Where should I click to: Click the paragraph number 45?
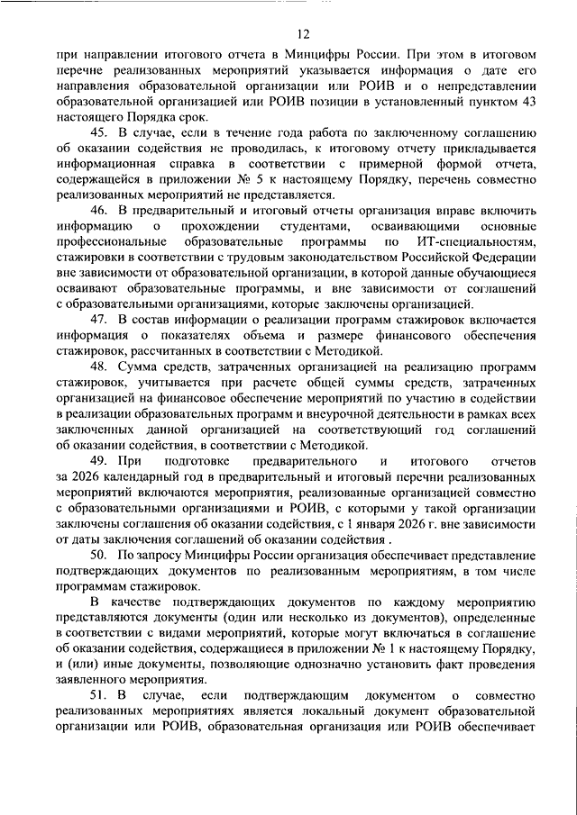pyautogui.click(x=98, y=133)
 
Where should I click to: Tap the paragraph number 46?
pyautogui.click(x=98, y=211)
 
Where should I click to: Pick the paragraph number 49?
pyautogui.click(x=98, y=460)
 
